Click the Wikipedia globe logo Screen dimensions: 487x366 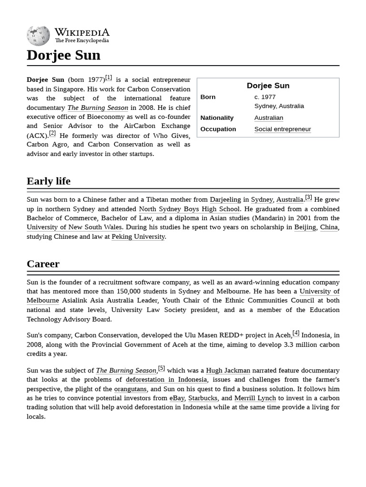tap(38, 36)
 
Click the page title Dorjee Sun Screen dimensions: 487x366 tap(63, 55)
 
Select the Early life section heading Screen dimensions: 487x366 tap(49, 181)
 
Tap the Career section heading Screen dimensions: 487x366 tap(43, 264)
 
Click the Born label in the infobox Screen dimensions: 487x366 tap(208, 97)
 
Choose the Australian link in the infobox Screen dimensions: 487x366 tap(268, 118)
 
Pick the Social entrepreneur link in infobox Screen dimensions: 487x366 tap(282, 129)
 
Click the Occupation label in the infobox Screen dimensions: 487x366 tap(218, 129)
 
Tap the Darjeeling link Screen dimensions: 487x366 tap(225, 200)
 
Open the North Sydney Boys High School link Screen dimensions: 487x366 tap(189, 209)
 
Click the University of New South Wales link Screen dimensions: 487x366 tap(74, 227)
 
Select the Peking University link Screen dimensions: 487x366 tap(138, 237)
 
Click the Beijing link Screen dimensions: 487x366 tap(305, 227)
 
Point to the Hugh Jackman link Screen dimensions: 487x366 tap(228, 370)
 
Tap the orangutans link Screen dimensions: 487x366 tap(130, 389)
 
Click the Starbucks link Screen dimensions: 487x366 tap(203, 398)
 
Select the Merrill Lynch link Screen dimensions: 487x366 tap(255, 398)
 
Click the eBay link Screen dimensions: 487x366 tap(177, 398)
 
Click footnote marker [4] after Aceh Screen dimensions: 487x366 tap(296, 333)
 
